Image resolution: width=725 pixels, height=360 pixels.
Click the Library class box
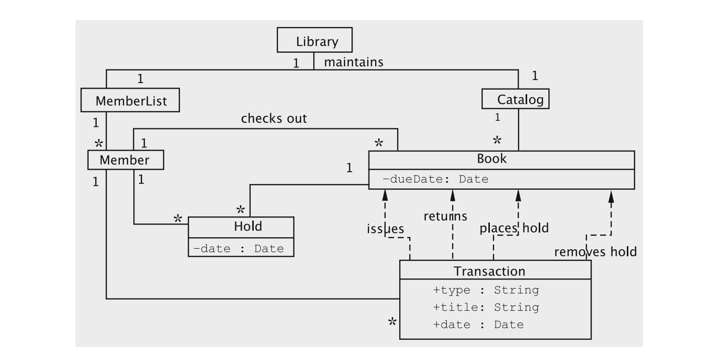[x=315, y=40]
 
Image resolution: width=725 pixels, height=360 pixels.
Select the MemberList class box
[x=130, y=101]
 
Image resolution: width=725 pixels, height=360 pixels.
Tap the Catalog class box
[x=515, y=99]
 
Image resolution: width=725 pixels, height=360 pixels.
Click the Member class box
[x=125, y=160]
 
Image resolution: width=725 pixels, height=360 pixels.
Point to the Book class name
[x=491, y=159]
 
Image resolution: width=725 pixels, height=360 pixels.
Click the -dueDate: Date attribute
[x=436, y=179]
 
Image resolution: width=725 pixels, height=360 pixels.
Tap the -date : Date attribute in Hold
[x=238, y=248]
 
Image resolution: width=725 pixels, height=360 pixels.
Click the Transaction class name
[x=489, y=271]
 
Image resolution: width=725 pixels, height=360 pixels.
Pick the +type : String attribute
[x=486, y=290]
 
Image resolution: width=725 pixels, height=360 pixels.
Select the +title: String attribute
[x=486, y=307]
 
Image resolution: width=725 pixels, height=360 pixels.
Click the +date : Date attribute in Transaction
[x=478, y=324]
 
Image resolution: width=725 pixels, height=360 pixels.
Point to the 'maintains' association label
[x=353, y=62]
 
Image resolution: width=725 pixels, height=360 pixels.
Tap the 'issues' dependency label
[x=385, y=229]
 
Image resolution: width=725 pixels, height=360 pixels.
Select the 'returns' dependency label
[x=445, y=216]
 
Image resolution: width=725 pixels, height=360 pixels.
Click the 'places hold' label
[x=514, y=228]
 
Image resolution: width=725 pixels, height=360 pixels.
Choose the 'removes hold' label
[x=595, y=251]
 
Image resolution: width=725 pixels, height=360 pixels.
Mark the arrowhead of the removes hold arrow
[x=611, y=196]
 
